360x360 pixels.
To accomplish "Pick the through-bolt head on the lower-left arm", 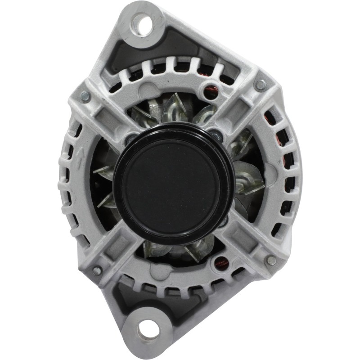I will tap(97, 270).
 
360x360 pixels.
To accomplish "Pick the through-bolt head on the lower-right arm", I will tap(270, 260).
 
